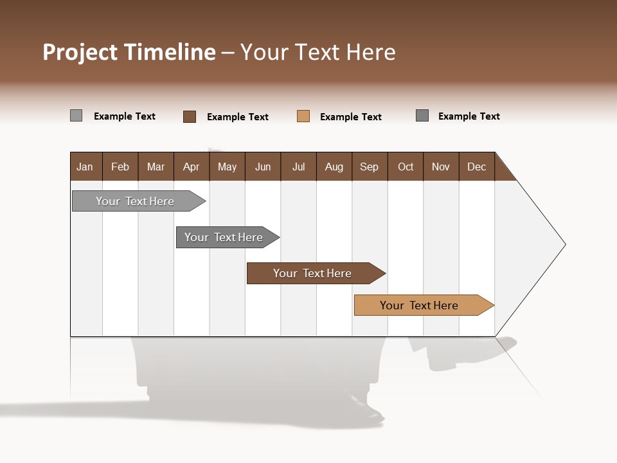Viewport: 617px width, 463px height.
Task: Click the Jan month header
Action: point(85,167)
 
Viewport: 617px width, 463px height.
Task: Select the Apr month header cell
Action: point(192,167)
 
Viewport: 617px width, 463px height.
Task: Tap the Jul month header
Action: point(299,167)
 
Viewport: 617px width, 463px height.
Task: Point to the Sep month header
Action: point(370,167)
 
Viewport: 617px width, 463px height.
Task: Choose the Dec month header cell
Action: point(477,167)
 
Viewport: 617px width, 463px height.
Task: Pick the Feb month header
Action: point(120,167)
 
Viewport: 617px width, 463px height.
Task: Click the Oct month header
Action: point(406,167)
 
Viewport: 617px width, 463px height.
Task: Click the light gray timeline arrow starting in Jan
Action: point(135,201)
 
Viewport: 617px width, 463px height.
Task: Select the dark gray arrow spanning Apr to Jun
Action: point(224,237)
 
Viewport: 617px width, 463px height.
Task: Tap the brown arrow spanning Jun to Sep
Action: point(312,273)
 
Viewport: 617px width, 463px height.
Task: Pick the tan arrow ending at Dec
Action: point(419,305)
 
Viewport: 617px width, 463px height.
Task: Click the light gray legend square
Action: point(76,116)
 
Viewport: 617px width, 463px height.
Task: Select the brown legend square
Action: point(190,116)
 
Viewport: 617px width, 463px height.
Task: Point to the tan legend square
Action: point(303,116)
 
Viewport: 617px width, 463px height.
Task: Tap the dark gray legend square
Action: point(422,116)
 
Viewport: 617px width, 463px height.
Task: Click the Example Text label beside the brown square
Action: point(238,117)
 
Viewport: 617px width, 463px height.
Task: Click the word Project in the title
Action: point(80,52)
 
